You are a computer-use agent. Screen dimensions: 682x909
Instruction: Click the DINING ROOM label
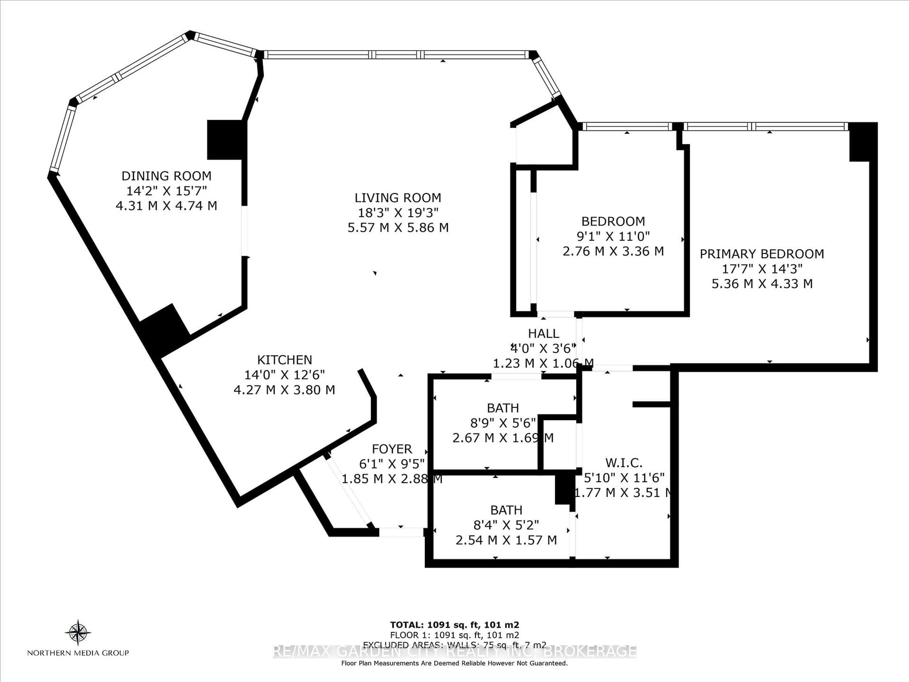click(166, 176)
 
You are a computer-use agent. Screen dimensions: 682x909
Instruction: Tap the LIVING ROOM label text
click(398, 198)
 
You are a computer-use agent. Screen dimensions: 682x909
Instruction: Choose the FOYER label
click(392, 449)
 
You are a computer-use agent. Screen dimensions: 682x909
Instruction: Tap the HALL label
click(543, 333)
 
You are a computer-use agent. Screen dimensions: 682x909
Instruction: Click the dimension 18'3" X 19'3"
click(398, 213)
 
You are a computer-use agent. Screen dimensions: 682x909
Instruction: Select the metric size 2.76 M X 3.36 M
click(613, 251)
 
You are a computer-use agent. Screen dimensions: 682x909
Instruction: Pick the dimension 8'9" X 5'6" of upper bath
click(503, 423)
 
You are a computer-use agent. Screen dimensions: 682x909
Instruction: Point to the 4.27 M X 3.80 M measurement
click(284, 390)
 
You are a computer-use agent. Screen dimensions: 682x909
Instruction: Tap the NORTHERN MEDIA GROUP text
click(78, 653)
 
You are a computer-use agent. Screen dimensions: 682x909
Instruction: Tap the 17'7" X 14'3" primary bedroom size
click(762, 269)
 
